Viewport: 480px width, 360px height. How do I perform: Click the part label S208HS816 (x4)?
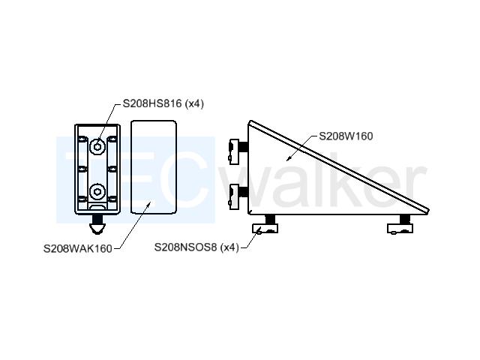(x=163, y=103)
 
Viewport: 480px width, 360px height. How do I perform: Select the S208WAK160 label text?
(x=78, y=248)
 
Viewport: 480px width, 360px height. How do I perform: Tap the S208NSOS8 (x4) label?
(x=196, y=247)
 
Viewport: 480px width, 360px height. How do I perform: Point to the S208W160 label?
(x=346, y=136)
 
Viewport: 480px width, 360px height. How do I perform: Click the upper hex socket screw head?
(x=97, y=147)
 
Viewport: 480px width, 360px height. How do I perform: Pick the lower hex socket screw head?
(x=97, y=192)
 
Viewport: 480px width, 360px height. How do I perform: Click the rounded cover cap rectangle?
(x=153, y=166)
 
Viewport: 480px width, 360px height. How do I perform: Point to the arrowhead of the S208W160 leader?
(x=288, y=159)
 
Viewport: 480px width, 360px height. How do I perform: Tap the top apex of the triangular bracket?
(x=250, y=121)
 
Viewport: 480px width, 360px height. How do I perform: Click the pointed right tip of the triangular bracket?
(x=428, y=211)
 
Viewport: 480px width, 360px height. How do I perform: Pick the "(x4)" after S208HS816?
(x=194, y=103)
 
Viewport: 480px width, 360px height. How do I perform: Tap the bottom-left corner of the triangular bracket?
(x=248, y=214)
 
